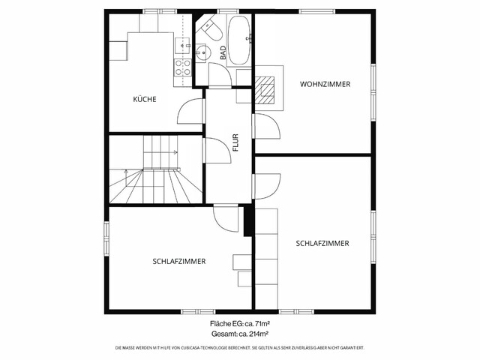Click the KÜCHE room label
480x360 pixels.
tap(145, 99)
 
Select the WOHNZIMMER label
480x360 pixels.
tap(325, 84)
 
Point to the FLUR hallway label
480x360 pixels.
tap(235, 142)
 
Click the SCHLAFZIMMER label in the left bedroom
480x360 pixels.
tap(179, 261)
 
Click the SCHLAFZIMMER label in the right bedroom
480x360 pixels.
tap(322, 243)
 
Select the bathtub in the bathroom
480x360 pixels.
tap(239, 39)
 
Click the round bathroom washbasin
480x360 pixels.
tap(202, 53)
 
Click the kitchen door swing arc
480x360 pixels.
tap(190, 112)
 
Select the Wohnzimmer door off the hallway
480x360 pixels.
tap(266, 127)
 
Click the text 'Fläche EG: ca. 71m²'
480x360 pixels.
tap(240, 323)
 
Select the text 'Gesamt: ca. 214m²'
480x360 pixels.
tap(240, 334)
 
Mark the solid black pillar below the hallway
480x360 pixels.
tap(247, 220)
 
